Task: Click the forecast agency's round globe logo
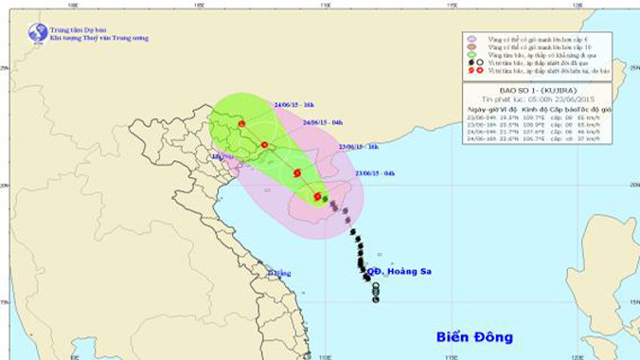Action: (x=38, y=33)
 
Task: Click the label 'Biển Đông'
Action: (x=474, y=337)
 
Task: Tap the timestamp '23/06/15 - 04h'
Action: (x=375, y=173)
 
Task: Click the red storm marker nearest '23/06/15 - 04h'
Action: (x=318, y=196)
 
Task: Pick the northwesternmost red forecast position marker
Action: (x=242, y=123)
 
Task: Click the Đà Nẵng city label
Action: (x=276, y=275)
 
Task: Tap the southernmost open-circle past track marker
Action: (x=376, y=299)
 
